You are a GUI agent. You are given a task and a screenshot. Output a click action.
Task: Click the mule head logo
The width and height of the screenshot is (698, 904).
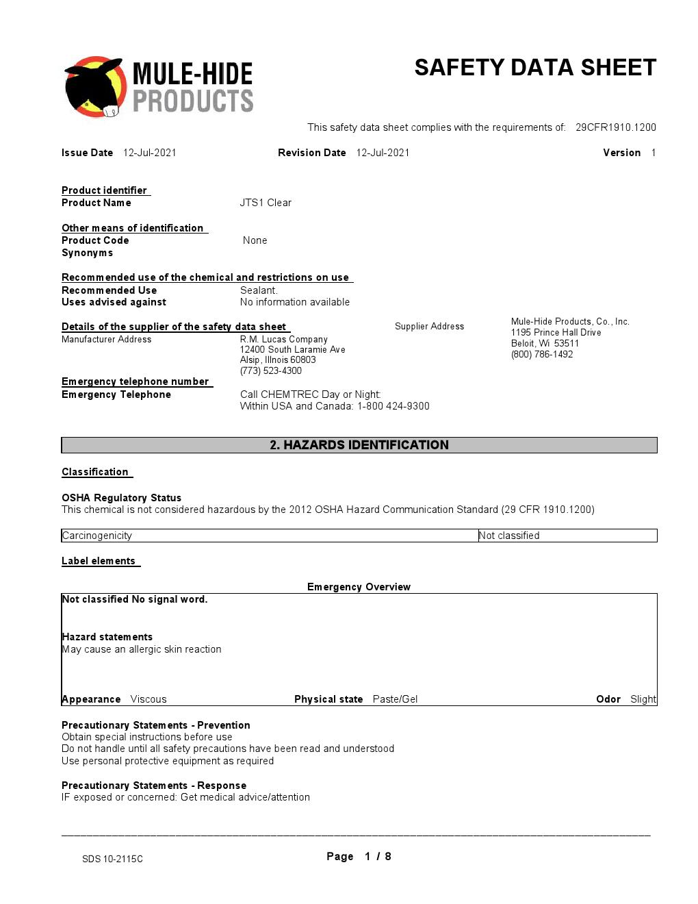[94, 87]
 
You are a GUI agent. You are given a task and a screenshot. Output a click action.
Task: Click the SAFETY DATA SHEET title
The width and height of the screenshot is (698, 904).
[535, 68]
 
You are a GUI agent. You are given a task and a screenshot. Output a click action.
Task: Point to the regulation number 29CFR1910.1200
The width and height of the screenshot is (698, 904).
[615, 127]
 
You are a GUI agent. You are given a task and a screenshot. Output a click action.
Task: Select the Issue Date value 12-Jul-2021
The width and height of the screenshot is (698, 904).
[150, 153]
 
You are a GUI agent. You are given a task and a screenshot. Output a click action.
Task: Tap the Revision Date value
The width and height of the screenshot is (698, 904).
[383, 153]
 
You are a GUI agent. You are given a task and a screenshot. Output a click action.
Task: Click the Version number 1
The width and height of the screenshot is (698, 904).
[654, 153]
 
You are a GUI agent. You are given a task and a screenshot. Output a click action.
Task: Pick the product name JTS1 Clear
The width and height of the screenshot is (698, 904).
[266, 203]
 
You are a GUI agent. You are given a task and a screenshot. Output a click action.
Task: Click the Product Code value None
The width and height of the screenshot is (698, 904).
[255, 240]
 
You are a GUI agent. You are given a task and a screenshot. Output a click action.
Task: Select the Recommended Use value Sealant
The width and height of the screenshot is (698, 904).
[259, 290]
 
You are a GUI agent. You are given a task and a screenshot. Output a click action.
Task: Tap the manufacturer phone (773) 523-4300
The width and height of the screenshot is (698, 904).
[270, 371]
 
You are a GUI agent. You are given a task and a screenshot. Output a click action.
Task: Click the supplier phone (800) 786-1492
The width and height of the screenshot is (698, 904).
[542, 355]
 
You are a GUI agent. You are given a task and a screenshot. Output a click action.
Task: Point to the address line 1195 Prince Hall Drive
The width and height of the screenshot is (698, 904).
[556, 333]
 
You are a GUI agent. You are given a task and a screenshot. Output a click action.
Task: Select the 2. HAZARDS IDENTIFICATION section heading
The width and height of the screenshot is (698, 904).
[359, 445]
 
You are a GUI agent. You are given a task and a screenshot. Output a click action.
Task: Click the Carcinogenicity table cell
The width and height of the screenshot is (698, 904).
[97, 536]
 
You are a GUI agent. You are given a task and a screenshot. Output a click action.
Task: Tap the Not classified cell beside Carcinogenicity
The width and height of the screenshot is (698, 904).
[509, 536]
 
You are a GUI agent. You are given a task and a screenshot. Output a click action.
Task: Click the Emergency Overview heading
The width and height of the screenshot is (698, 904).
[359, 587]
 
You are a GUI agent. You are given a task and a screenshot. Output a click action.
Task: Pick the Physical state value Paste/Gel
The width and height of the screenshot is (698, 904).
[395, 699]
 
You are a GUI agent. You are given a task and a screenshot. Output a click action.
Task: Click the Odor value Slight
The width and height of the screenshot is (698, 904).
[643, 699]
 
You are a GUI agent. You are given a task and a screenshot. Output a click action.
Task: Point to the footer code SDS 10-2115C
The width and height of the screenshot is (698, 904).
[112, 859]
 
